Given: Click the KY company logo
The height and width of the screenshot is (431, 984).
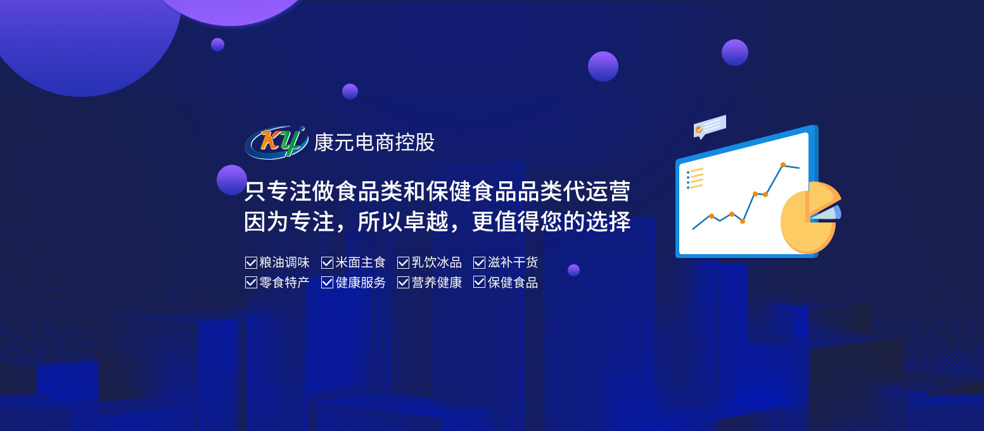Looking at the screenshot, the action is pos(276,143).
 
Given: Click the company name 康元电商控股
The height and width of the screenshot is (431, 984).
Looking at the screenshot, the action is pos(374,143).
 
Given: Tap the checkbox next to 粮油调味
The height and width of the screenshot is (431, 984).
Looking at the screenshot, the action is pos(251,263).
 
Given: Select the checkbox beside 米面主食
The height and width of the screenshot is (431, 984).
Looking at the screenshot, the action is pos(327,263).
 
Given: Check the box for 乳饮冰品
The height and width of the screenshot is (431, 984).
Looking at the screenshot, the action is pos(403,263).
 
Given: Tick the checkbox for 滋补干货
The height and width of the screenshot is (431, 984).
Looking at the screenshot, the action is pos(479,263).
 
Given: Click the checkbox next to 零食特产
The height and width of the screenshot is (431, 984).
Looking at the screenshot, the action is pos(251,283).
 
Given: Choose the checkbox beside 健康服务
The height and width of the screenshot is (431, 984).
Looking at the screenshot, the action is pos(327,283).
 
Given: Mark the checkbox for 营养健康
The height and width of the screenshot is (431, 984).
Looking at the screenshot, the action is pos(403,283).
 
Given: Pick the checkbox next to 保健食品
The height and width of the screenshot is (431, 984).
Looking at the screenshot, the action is pos(479,283).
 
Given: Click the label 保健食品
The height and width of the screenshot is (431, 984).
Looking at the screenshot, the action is pos(513,283).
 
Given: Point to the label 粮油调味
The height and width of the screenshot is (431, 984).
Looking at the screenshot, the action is pos(284,263).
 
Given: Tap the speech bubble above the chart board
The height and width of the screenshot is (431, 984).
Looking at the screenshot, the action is pos(710,127).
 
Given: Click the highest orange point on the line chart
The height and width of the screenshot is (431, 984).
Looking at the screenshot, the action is pos(783,165).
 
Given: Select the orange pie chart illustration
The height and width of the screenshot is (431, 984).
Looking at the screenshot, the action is pos(810,218).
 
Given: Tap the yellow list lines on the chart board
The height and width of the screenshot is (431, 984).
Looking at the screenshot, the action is pos(695,178).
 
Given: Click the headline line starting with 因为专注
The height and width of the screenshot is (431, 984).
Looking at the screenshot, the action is pos(437,221).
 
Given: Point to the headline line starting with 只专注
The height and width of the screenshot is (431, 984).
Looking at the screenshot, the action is pos(437,191).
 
